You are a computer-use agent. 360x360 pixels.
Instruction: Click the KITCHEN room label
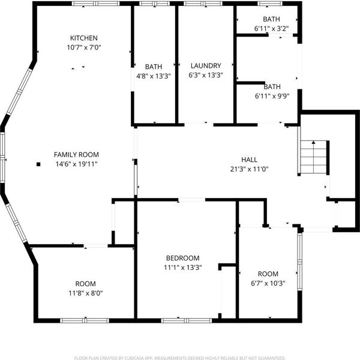coord(84,38)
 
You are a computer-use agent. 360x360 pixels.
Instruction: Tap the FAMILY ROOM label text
coord(76,155)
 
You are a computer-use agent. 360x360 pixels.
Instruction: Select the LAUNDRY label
coord(206,65)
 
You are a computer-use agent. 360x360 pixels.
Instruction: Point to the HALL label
coord(249,160)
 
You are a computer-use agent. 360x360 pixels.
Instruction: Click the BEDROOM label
coord(183,258)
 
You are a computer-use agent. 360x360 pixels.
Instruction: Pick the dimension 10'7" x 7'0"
coord(84,47)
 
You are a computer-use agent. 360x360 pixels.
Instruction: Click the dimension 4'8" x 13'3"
coord(154,76)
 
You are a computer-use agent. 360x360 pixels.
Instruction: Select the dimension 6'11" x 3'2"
coord(271,29)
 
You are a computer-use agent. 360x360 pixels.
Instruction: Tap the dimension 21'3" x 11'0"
coord(250,169)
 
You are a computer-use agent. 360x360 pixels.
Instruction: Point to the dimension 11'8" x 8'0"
coord(86,293)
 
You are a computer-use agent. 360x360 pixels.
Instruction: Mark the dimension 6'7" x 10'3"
coord(268,283)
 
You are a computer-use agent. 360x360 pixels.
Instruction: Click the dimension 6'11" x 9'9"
coord(272,96)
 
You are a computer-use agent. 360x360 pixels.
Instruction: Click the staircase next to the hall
coord(313,157)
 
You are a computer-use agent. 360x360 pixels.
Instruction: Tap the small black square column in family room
coord(38,164)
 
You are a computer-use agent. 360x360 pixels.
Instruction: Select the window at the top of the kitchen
coord(96,4)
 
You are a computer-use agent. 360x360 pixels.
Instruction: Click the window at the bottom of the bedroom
coord(187,320)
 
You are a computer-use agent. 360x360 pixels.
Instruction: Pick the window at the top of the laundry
coord(203,4)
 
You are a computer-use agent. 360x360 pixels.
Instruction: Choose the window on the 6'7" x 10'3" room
coord(300,262)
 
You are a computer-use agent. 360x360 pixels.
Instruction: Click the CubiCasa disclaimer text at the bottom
coord(180,358)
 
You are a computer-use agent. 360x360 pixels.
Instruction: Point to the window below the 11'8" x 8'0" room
coord(85,320)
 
